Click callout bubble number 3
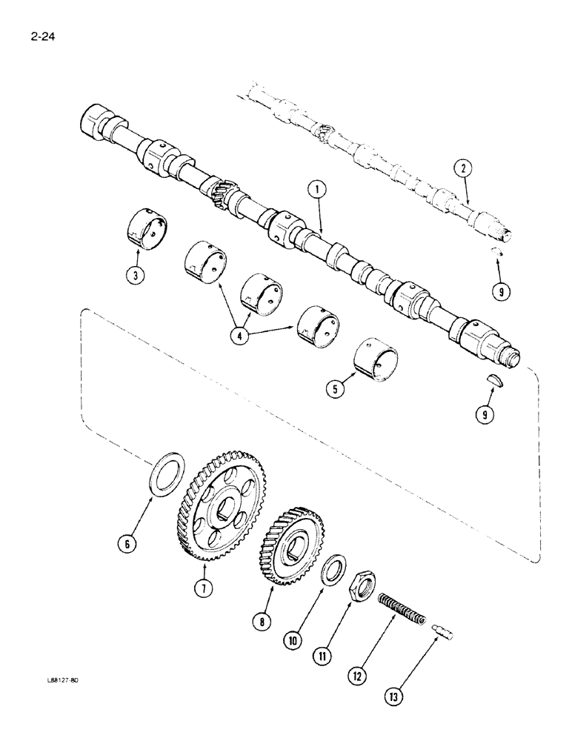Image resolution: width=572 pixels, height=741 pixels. point(136,277)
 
